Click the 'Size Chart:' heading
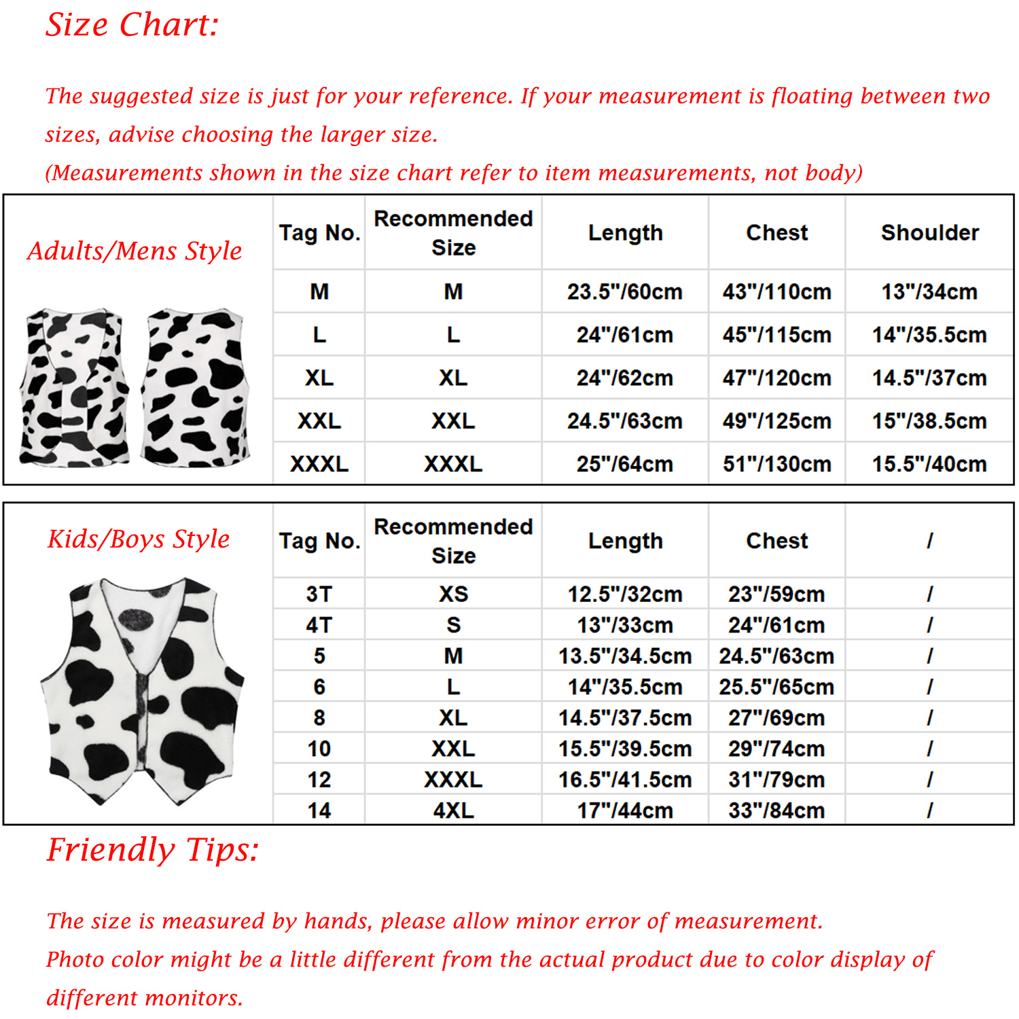[132, 25]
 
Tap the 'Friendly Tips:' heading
[153, 850]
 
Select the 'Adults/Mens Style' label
[135, 251]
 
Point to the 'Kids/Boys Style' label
[139, 539]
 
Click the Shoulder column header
[929, 233]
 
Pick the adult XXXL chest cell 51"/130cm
[776, 464]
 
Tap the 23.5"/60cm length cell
[624, 291]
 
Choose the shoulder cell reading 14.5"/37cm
[929, 378]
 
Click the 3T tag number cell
[319, 594]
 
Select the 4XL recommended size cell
[453, 810]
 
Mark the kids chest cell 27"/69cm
[776, 717]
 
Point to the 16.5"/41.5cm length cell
[624, 779]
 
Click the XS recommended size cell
[453, 594]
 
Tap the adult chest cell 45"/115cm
[776, 335]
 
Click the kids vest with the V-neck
[143, 690]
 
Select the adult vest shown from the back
[196, 387]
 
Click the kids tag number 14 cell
[319, 810]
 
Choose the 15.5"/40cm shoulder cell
[929, 464]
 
